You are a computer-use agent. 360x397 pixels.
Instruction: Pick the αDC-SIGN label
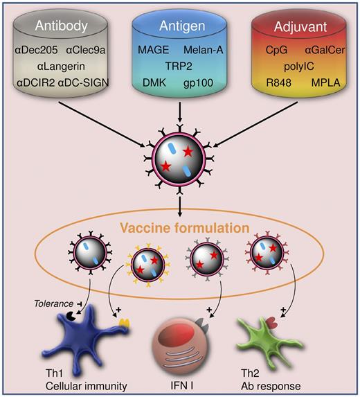[92, 85]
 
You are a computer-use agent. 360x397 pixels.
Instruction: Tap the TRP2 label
[179, 67]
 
